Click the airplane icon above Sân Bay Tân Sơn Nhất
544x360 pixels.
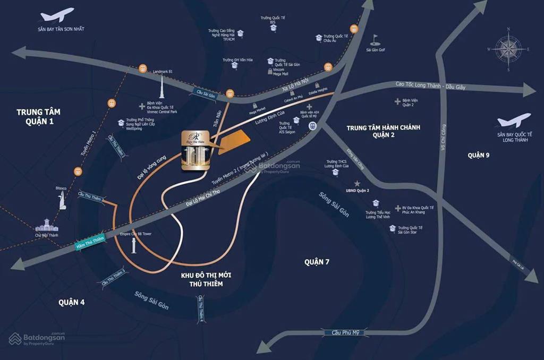58,14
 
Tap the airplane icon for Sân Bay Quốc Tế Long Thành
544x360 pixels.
514,120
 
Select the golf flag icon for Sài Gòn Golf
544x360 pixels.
375,40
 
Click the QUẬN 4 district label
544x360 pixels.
72,302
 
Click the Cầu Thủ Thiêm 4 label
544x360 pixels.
201,308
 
